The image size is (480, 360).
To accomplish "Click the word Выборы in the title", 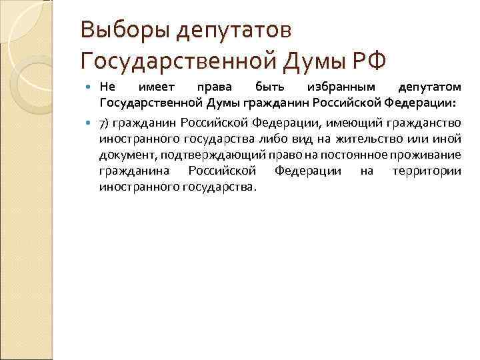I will click(118, 29).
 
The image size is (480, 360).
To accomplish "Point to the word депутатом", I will click(429, 87).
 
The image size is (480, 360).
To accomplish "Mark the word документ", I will click(127, 155).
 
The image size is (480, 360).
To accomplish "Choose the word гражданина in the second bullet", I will click(131, 171).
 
